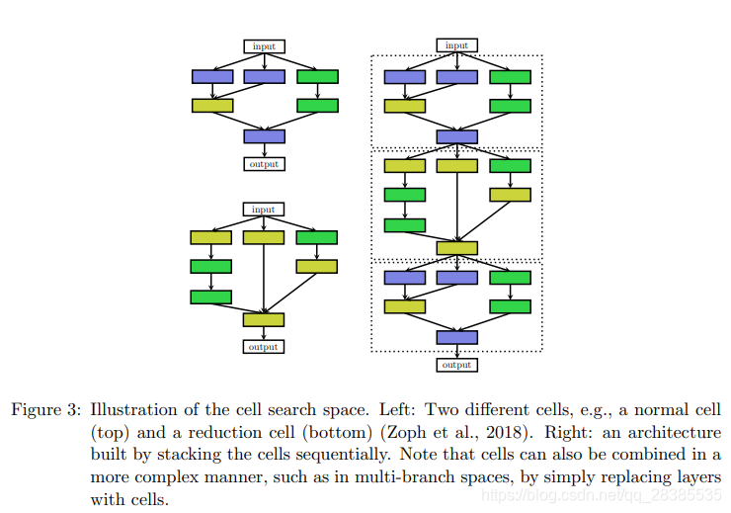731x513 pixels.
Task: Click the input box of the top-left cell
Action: pyautogui.click(x=264, y=46)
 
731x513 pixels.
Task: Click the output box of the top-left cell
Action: pyautogui.click(x=264, y=164)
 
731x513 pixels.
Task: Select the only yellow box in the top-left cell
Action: pyautogui.click(x=212, y=106)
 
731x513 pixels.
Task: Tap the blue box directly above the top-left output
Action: pyautogui.click(x=264, y=136)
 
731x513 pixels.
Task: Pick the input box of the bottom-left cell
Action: pyautogui.click(x=264, y=210)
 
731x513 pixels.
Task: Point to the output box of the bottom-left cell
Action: pyautogui.click(x=264, y=347)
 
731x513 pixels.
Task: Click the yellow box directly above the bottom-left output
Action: pyautogui.click(x=264, y=319)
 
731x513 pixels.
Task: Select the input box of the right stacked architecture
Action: pyautogui.click(x=456, y=45)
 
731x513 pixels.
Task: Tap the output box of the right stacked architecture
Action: pyautogui.click(x=456, y=366)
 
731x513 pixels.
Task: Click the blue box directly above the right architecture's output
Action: pyautogui.click(x=456, y=338)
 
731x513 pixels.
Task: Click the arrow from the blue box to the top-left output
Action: pyautogui.click(x=264, y=150)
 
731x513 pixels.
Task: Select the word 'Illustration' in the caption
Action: pyautogui.click(x=129, y=409)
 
